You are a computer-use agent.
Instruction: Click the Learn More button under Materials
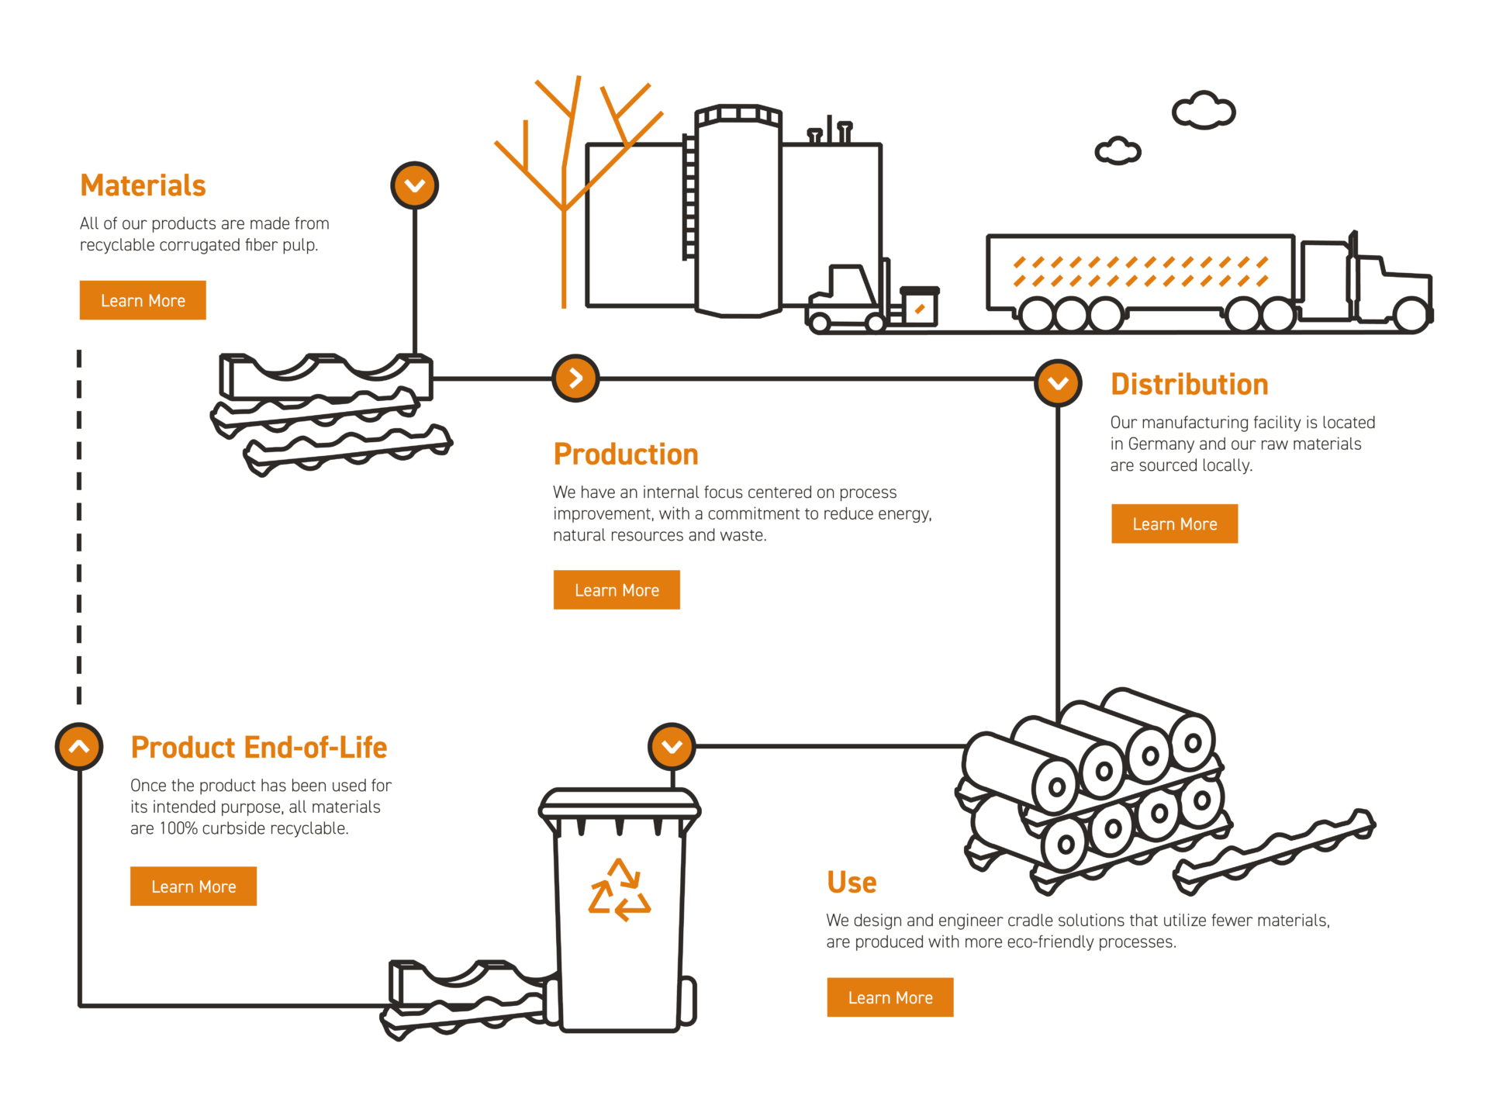(143, 300)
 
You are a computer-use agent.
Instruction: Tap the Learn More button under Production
(617, 590)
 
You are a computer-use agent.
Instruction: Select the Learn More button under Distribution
(1174, 524)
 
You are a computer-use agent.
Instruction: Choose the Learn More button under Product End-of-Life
(193, 886)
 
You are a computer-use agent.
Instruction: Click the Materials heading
(143, 186)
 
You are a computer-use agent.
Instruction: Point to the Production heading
(626, 454)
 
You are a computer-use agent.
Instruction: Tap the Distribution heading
(1190, 385)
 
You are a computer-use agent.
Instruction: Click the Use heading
(852, 883)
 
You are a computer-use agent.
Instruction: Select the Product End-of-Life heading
(259, 748)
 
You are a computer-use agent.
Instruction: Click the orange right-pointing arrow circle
(575, 378)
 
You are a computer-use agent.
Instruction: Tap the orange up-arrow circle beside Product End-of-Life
(79, 747)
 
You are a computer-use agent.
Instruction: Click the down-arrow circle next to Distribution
(1058, 382)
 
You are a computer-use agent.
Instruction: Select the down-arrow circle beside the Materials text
(415, 185)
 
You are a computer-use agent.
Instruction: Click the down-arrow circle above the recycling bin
(672, 746)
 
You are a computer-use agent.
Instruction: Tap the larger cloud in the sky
(1203, 110)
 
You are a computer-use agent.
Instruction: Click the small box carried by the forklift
(920, 307)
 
